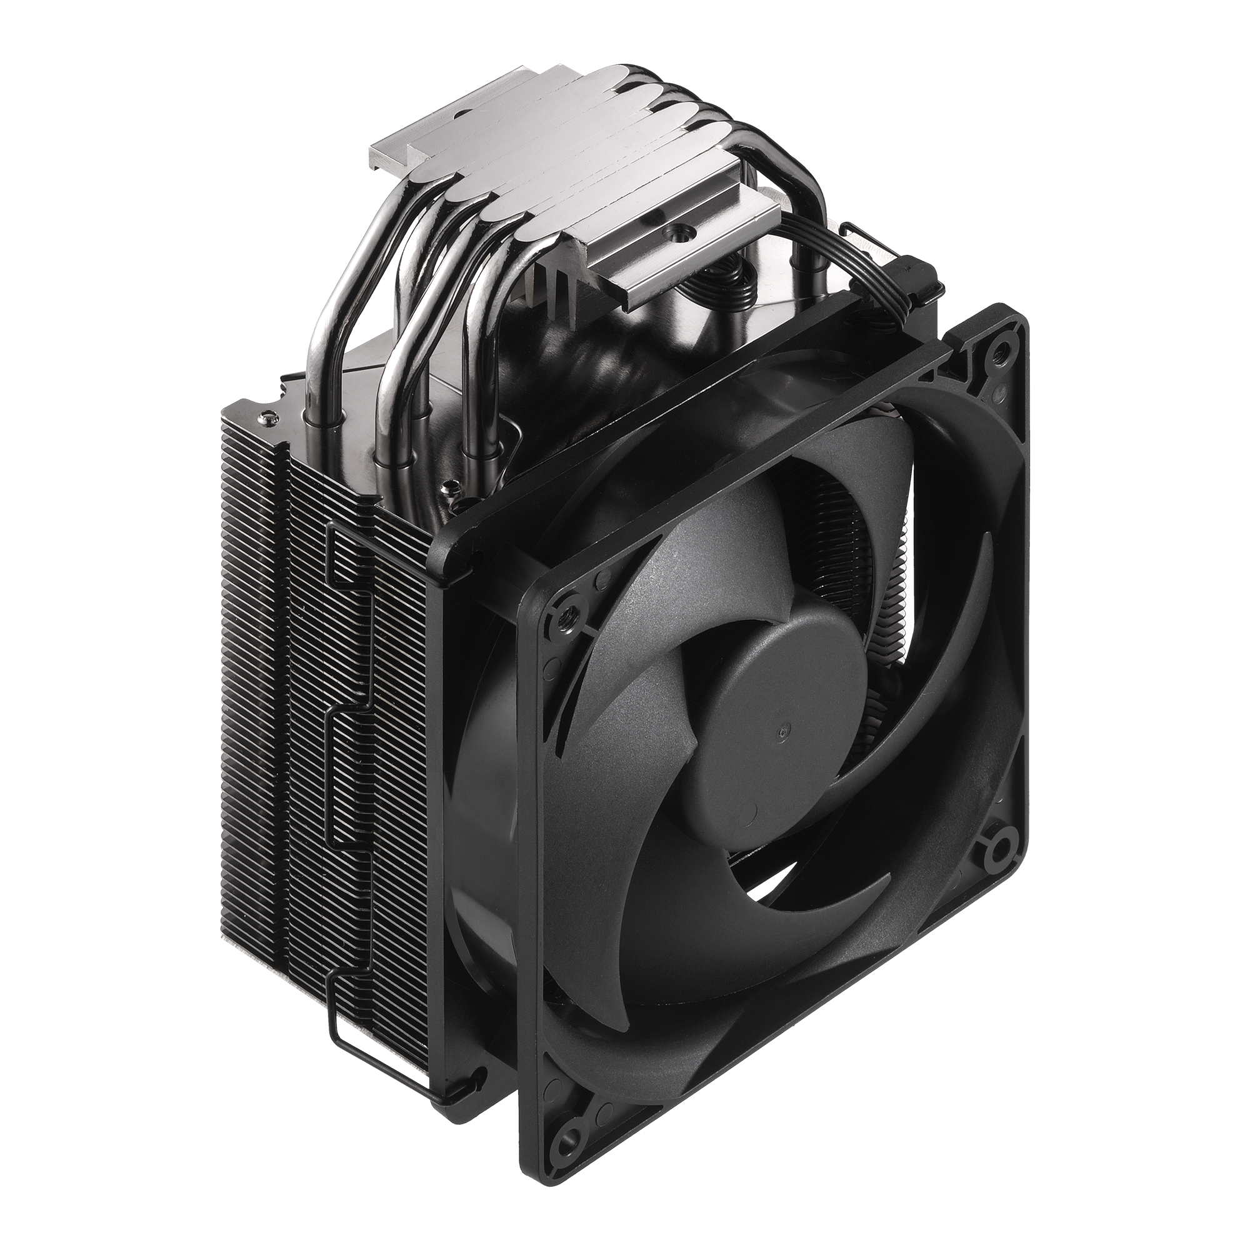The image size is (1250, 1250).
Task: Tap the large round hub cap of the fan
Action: click(x=770, y=731)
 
